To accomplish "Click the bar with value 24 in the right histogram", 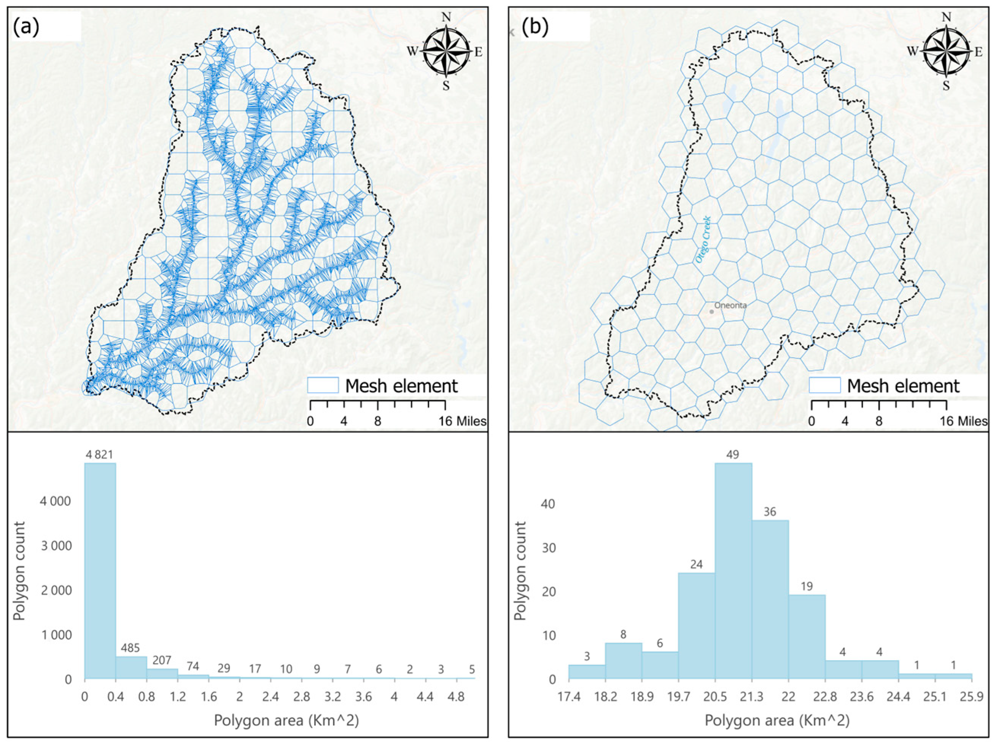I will click(696, 625).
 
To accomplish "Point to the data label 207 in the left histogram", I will click(162, 660).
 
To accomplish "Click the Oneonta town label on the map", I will click(730, 305).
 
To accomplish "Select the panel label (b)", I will click(535, 27).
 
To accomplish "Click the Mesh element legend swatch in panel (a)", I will click(323, 385).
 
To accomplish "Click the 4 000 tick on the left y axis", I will click(56, 501).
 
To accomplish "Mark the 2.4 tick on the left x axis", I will click(270, 697).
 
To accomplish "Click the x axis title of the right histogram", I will click(777, 721).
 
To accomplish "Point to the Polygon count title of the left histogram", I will click(19, 571).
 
